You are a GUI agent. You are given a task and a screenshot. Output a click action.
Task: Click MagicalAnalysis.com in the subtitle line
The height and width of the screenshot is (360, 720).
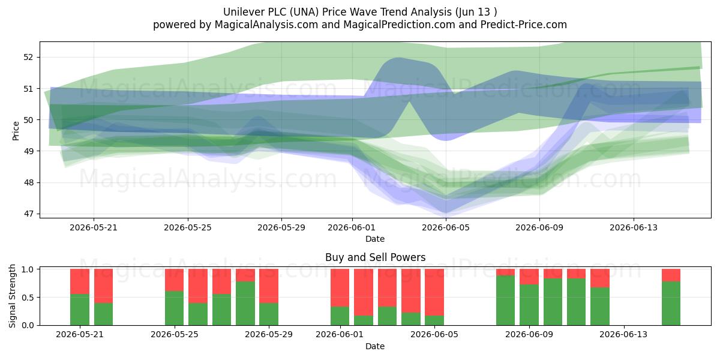266,25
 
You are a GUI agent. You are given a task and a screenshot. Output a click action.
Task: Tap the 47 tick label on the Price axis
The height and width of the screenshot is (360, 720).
28,214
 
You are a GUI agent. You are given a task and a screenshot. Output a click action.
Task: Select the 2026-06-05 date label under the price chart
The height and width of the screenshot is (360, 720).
446,227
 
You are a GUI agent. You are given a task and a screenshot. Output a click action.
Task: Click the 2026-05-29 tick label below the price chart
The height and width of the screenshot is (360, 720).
281,227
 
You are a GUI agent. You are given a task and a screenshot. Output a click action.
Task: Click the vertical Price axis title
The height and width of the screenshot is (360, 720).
16,131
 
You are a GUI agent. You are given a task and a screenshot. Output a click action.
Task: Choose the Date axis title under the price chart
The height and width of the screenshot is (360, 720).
375,239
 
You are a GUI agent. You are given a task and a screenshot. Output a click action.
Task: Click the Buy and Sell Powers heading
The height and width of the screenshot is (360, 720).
375,257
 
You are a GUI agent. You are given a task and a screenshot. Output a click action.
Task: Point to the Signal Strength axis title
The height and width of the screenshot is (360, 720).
12,296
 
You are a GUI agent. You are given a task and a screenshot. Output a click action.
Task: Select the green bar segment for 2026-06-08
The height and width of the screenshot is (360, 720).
505,301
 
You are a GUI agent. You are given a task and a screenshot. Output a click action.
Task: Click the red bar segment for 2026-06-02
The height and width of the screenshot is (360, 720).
364,292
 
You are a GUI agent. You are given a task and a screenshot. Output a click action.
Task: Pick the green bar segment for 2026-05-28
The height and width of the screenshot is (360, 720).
245,304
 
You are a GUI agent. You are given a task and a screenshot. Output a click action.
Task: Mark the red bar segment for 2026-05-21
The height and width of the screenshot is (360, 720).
80,281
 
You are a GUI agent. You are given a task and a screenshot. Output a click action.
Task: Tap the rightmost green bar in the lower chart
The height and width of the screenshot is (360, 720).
671,304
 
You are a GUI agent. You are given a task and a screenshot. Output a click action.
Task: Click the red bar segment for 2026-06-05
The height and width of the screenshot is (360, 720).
434,292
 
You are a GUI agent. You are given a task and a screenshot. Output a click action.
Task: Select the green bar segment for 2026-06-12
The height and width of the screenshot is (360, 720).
600,307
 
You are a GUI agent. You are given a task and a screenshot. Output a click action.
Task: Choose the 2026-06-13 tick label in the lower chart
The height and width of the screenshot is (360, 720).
623,335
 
